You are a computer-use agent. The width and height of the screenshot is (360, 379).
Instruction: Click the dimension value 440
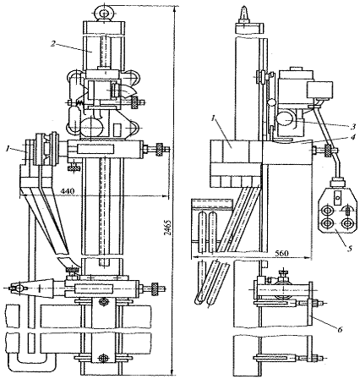(68, 191)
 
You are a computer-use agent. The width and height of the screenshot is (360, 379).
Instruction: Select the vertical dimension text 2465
(167, 228)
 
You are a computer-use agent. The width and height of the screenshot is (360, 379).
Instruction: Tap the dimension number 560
(281, 254)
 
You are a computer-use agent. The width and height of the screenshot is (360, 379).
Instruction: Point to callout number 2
(53, 43)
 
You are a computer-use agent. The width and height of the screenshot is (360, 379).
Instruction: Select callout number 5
(350, 249)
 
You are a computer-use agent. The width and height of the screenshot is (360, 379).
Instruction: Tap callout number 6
(341, 329)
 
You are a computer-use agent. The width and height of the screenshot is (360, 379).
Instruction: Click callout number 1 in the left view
(8, 148)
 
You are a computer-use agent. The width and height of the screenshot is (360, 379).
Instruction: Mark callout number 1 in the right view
(214, 119)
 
